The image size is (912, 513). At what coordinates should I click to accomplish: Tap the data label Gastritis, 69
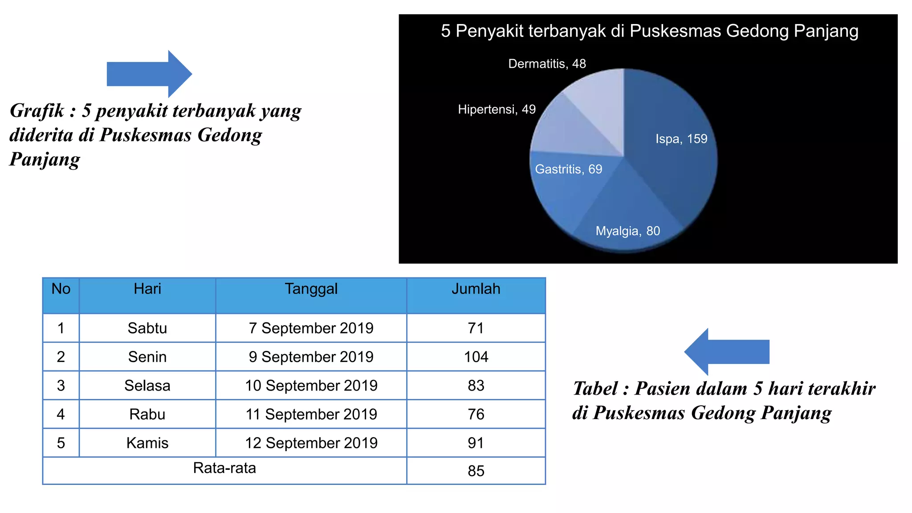(x=568, y=169)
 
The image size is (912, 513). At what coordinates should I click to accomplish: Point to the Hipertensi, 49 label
(x=497, y=110)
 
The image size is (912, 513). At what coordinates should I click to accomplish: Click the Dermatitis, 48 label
(x=547, y=64)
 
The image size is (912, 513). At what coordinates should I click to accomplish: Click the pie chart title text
(x=649, y=31)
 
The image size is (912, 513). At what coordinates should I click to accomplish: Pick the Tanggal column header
(x=311, y=289)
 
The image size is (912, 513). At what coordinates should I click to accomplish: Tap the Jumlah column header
(x=476, y=289)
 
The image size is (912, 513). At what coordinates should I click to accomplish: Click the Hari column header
(x=147, y=289)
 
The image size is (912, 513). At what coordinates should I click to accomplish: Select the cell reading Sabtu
(x=147, y=328)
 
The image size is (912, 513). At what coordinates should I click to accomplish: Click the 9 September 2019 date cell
(x=311, y=357)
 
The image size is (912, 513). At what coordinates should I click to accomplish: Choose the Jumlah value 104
(x=476, y=357)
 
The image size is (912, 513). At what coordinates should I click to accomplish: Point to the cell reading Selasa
(x=147, y=386)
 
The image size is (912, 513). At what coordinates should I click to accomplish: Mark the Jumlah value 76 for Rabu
(x=476, y=414)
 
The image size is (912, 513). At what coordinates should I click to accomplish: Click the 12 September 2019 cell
(x=311, y=443)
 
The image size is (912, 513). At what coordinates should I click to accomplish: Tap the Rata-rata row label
(x=224, y=468)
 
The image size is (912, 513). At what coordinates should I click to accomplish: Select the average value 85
(x=476, y=471)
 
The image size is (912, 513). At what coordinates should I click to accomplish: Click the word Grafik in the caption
(x=37, y=111)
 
